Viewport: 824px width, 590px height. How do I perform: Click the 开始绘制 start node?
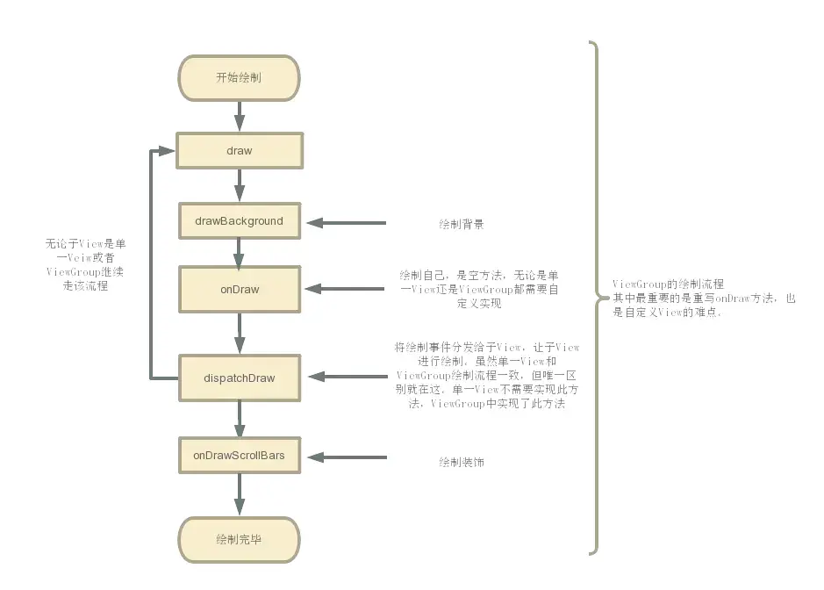tap(239, 78)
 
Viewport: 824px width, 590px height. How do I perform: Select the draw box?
tap(239, 150)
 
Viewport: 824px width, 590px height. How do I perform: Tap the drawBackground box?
tap(239, 221)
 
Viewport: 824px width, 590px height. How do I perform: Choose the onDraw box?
tap(239, 289)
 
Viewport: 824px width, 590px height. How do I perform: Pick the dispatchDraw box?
tap(239, 378)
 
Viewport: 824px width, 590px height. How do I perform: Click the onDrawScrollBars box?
tap(239, 456)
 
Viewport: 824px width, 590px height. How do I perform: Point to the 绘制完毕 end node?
tap(239, 540)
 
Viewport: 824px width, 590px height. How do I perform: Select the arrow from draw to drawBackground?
tap(239, 185)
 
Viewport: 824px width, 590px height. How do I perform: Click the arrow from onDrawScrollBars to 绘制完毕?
tap(239, 495)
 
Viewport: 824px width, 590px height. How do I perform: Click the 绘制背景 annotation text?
tap(462, 225)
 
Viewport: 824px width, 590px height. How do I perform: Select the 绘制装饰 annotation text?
tap(462, 461)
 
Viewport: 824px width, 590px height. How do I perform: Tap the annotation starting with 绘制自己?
tap(479, 289)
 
